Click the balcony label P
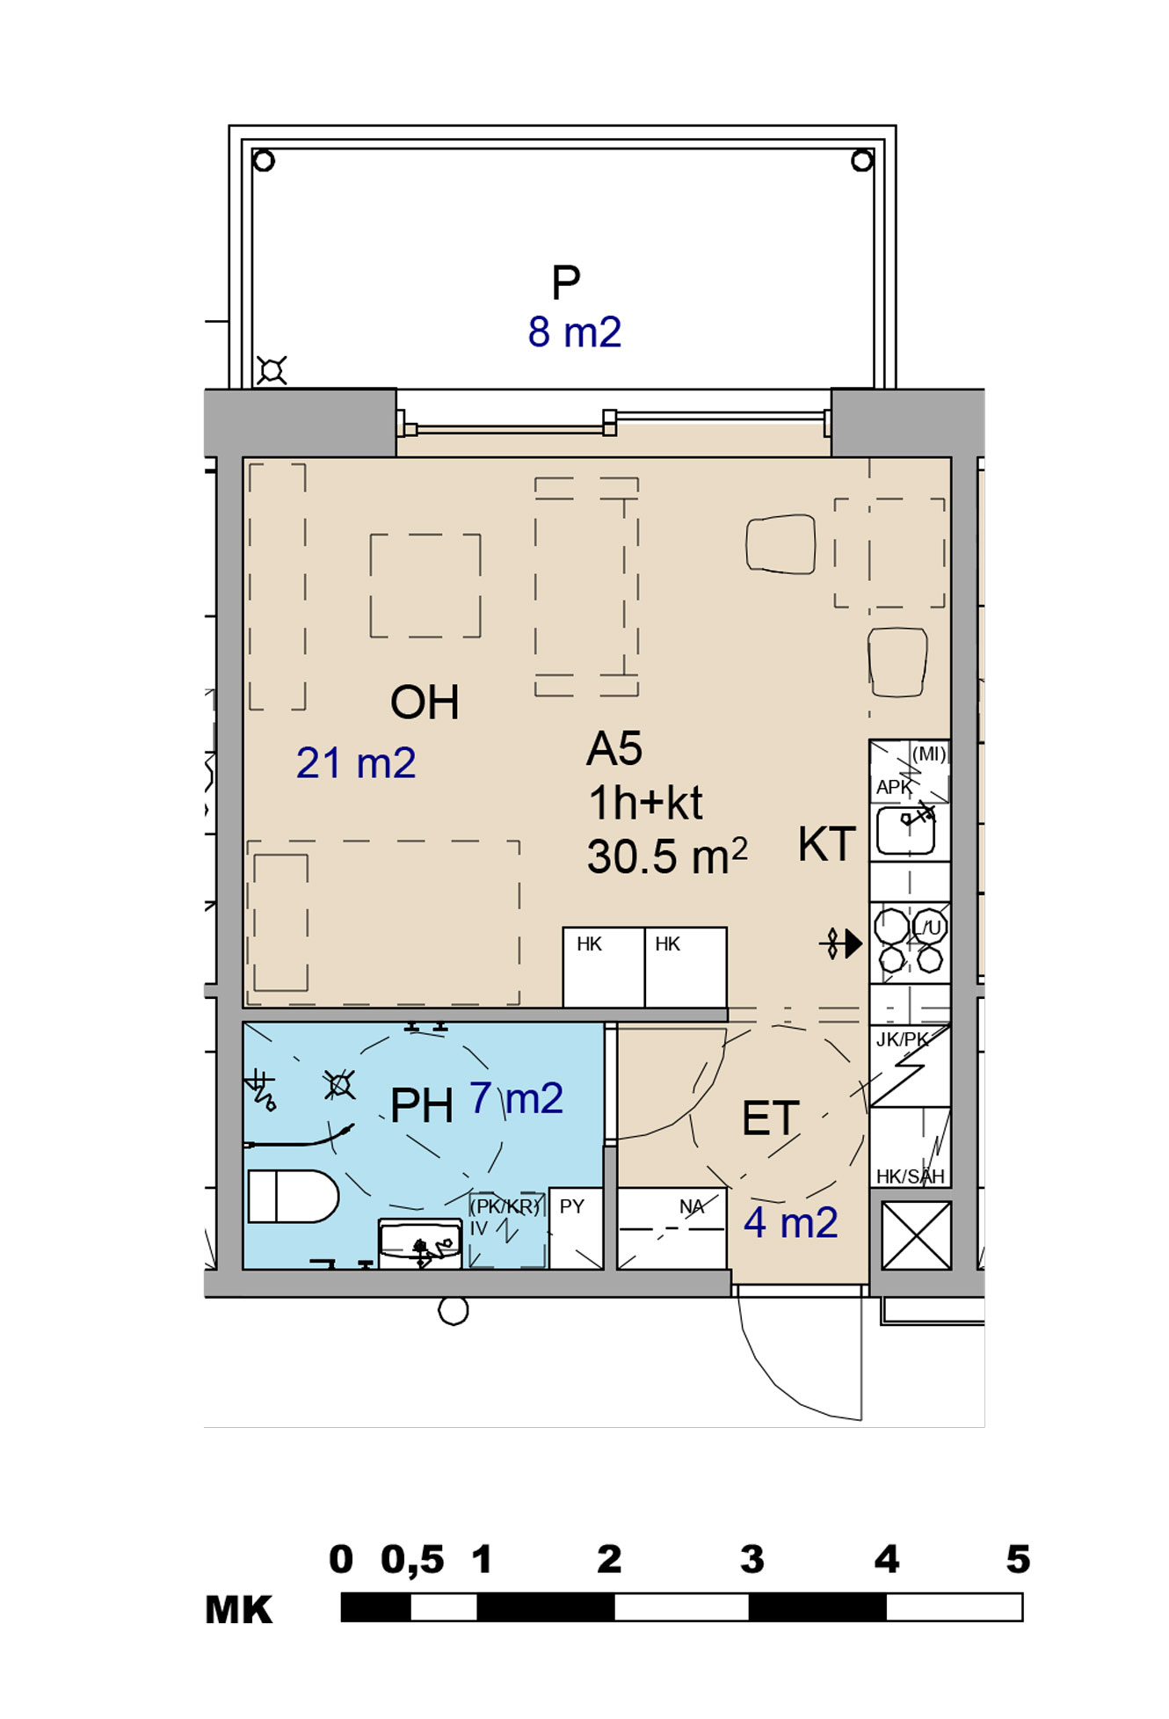(x=566, y=282)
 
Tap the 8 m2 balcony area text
(x=575, y=332)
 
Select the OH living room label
(x=425, y=703)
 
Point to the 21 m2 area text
(x=356, y=762)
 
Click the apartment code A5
(x=614, y=749)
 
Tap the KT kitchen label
(x=827, y=844)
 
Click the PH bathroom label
(x=422, y=1105)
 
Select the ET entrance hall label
(x=771, y=1118)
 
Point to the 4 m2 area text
(x=791, y=1223)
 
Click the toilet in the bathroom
(x=294, y=1196)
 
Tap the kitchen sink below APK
(x=905, y=830)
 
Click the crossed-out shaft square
(x=916, y=1235)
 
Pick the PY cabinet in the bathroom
(x=576, y=1227)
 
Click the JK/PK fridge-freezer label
(x=902, y=1039)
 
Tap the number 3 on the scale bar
(x=751, y=1560)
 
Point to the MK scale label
(x=239, y=1610)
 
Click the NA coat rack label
(x=692, y=1206)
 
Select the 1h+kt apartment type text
(x=645, y=803)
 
